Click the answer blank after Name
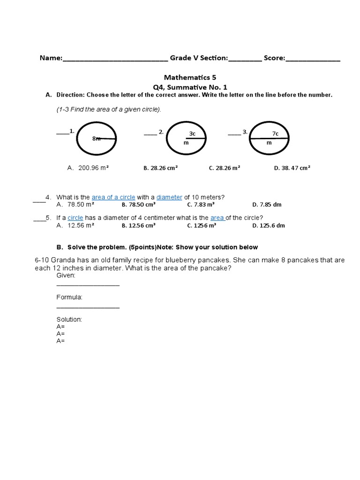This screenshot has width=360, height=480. pyautogui.click(x=115, y=59)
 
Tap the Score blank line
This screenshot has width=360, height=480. pyautogui.click(x=313, y=59)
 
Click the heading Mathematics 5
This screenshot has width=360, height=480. pyautogui.click(x=190, y=77)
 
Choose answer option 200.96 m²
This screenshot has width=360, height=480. pyautogui.click(x=93, y=168)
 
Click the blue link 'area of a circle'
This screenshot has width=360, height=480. pyautogui.click(x=113, y=197)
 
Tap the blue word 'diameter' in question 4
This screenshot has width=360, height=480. pyautogui.click(x=169, y=197)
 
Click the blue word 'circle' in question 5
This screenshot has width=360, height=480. pyautogui.click(x=75, y=218)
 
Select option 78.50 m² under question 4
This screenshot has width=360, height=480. pyautogui.click(x=81, y=205)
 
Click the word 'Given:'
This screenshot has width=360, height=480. pyautogui.click(x=66, y=276)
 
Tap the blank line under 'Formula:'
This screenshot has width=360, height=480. pyautogui.click(x=88, y=307)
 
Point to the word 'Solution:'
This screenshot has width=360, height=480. pyautogui.click(x=69, y=319)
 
